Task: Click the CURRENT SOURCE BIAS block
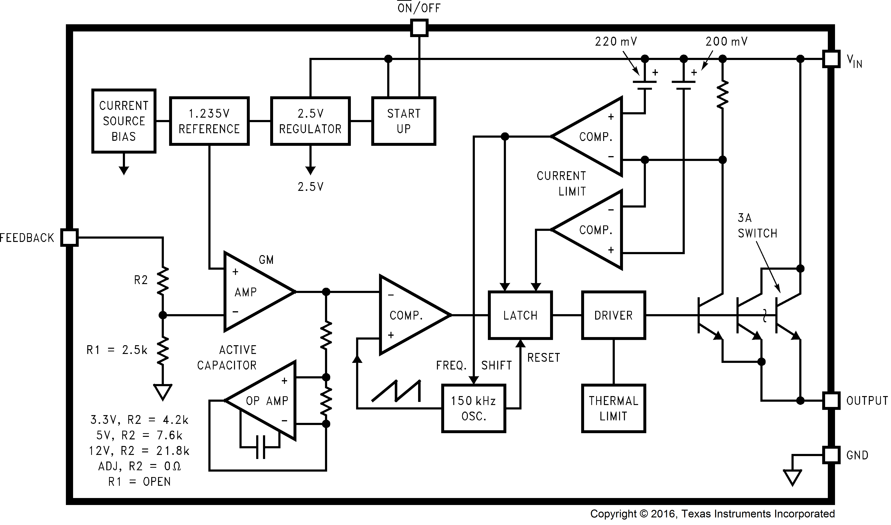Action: [x=124, y=121]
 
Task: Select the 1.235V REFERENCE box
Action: [x=209, y=121]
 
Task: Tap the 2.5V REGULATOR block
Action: [x=310, y=121]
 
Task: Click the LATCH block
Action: [x=520, y=315]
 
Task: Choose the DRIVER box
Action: [x=613, y=315]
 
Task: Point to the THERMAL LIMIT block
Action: [x=613, y=408]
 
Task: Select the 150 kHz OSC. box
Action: [x=473, y=408]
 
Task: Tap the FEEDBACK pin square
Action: [x=69, y=237]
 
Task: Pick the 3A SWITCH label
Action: [x=757, y=226]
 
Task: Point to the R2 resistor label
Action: [x=141, y=280]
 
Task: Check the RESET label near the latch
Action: [x=544, y=358]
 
